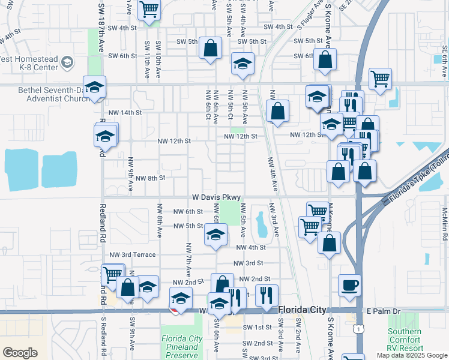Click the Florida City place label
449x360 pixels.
tap(302, 310)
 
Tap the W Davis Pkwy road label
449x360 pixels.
tap(216, 197)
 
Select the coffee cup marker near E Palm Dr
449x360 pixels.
tap(349, 286)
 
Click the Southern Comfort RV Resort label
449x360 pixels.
tap(404, 339)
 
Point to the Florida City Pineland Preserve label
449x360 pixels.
tap(181, 347)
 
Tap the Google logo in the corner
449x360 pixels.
tap(20, 352)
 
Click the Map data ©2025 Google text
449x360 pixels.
tap(412, 355)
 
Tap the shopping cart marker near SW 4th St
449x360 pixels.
tap(148, 10)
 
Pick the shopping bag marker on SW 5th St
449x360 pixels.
tap(211, 49)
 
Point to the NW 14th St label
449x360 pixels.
tap(125, 112)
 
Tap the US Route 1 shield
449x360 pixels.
tap(358, 329)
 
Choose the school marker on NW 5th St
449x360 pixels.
tap(215, 235)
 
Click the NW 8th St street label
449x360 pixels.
tap(149, 178)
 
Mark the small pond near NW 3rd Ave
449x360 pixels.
tap(261, 224)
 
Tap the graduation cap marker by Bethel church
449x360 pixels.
tap(95, 88)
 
